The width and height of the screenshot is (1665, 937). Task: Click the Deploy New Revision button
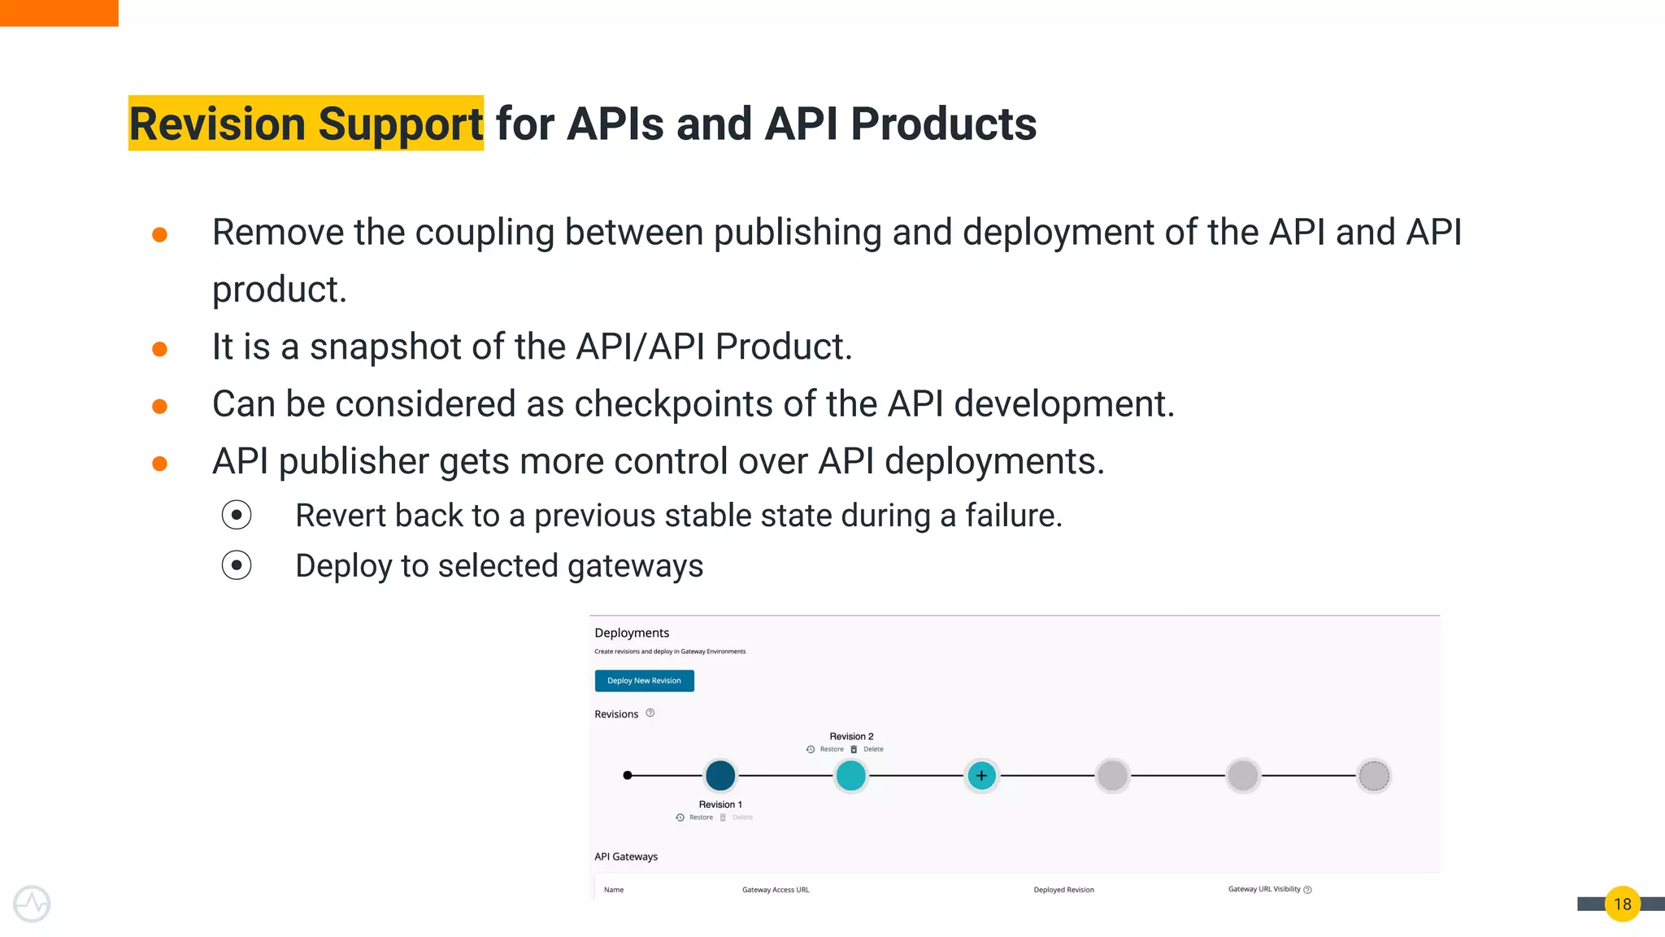pos(644,681)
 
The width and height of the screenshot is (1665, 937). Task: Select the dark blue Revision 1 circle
pos(720,775)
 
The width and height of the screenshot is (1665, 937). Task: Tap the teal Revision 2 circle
pos(851,775)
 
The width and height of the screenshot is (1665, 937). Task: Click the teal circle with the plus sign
pos(981,775)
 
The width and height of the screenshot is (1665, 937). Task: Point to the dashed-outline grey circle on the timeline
pos(1374,775)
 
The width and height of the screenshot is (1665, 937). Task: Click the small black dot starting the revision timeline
pos(628,775)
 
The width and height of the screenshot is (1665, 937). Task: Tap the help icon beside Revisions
pos(650,713)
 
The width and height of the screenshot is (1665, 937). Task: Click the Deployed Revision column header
pos(1063,890)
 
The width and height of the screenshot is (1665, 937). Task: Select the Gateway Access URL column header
pos(776,890)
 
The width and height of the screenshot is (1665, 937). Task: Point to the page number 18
pos(1622,904)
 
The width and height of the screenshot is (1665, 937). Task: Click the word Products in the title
pos(943,124)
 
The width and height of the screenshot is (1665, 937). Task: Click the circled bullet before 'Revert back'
pos(237,515)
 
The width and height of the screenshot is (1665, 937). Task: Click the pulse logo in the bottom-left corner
pos(32,904)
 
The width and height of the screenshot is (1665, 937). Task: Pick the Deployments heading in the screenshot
pos(632,633)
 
